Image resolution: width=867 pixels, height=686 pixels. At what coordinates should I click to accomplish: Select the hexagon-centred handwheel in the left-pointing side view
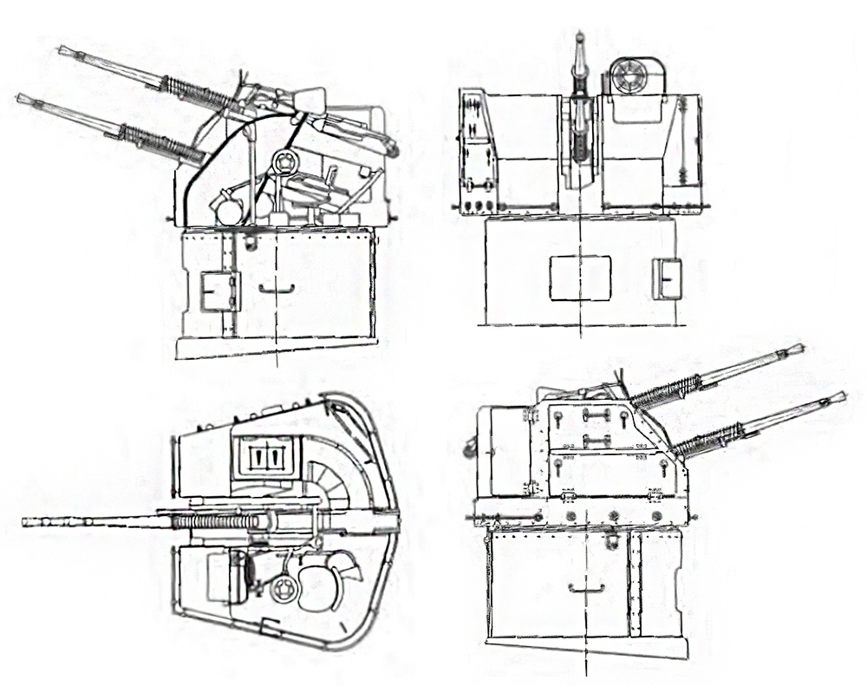click(285, 162)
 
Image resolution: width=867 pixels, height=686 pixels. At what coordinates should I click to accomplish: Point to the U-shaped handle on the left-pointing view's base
click(277, 289)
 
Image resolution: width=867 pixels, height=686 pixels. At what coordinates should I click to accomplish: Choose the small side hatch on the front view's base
click(667, 278)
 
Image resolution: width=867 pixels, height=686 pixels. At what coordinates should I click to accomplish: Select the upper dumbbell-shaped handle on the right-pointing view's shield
click(596, 415)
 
